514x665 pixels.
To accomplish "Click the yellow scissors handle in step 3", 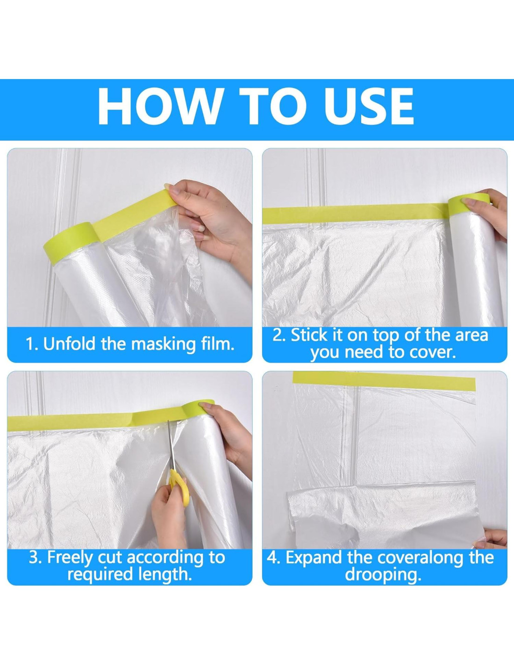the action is [x=179, y=486].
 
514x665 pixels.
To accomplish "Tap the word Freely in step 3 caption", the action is [x=70, y=558].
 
